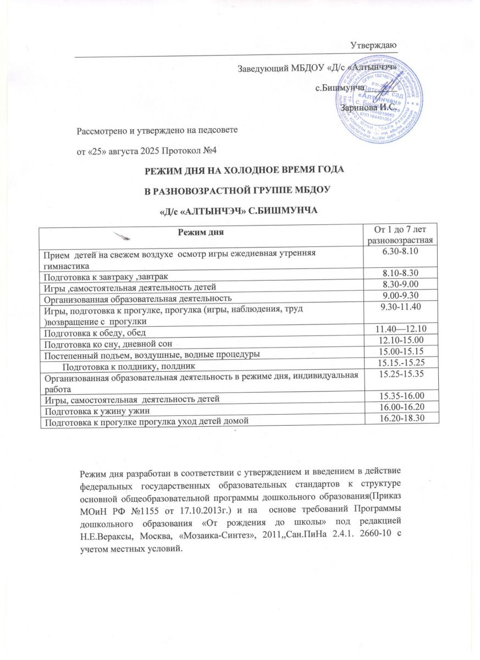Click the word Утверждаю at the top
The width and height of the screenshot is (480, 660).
[375, 44]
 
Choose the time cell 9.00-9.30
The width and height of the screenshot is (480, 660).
[403, 296]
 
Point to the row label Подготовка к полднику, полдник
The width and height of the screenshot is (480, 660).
[128, 365]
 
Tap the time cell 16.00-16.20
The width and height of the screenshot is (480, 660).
[403, 409]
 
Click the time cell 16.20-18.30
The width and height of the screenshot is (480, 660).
[403, 420]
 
